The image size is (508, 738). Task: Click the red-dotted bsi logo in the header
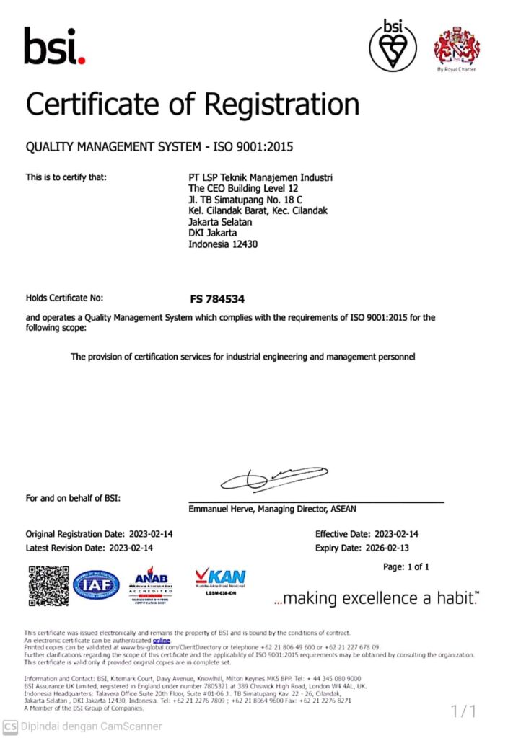pyautogui.click(x=55, y=46)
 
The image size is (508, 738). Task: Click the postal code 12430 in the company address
pyautogui.click(x=245, y=244)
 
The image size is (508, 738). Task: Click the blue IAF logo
pyautogui.click(x=95, y=584)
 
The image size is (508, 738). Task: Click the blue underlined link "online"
pyautogui.click(x=162, y=640)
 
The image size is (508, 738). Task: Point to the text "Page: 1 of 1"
pyautogui.click(x=406, y=567)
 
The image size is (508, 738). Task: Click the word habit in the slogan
pyautogui.click(x=457, y=598)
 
